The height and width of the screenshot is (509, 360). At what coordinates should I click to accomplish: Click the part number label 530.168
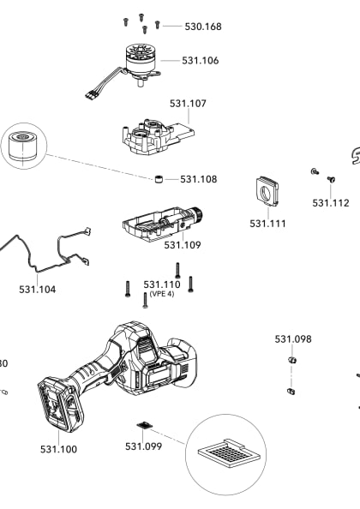pyautogui.click(x=202, y=27)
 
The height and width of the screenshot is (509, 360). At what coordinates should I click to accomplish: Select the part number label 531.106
pyautogui.click(x=200, y=61)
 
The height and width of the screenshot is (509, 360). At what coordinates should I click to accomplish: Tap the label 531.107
pyautogui.click(x=188, y=103)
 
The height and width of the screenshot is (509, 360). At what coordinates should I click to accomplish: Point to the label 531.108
pyautogui.click(x=198, y=179)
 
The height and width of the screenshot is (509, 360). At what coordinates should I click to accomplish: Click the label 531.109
pyautogui.click(x=183, y=245)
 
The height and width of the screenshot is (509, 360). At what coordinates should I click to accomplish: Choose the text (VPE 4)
pyautogui.click(x=161, y=294)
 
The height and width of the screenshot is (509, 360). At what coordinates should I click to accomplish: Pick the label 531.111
pyautogui.click(x=267, y=223)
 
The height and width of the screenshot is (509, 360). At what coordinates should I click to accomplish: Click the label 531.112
pyautogui.click(x=330, y=203)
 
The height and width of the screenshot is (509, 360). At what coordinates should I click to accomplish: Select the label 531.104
pyautogui.click(x=37, y=290)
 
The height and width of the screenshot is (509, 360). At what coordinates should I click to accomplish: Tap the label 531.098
pyautogui.click(x=292, y=339)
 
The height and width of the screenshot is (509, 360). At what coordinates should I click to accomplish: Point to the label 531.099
pyautogui.click(x=143, y=446)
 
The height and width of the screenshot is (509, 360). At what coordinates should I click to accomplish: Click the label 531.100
pyautogui.click(x=57, y=448)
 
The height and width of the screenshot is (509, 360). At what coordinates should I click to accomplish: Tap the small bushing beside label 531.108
pyautogui.click(x=159, y=179)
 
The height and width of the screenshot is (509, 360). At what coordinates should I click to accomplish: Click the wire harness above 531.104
pyautogui.click(x=51, y=249)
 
